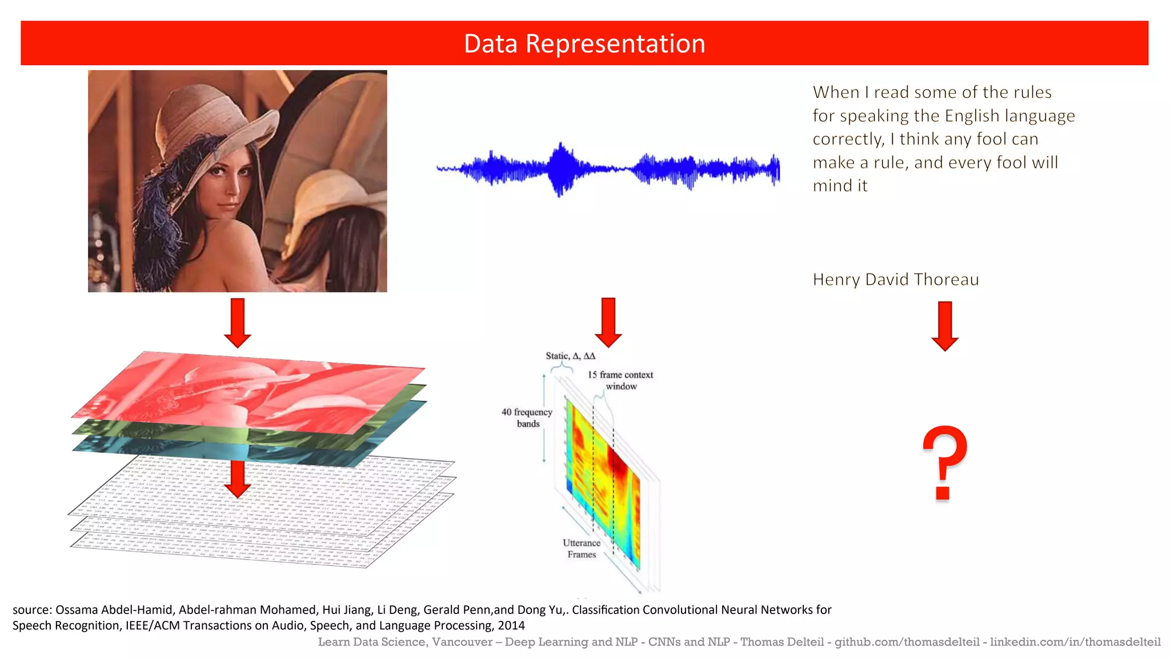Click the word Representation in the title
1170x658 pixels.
[615, 44]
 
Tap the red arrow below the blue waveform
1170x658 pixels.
[608, 322]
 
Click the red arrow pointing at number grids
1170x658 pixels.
[238, 479]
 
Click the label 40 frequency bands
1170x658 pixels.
[527, 418]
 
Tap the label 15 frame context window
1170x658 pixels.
[620, 380]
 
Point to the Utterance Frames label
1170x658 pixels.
[582, 548]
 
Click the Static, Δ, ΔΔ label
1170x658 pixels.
[570, 356]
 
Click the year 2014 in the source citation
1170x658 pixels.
[511, 625]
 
